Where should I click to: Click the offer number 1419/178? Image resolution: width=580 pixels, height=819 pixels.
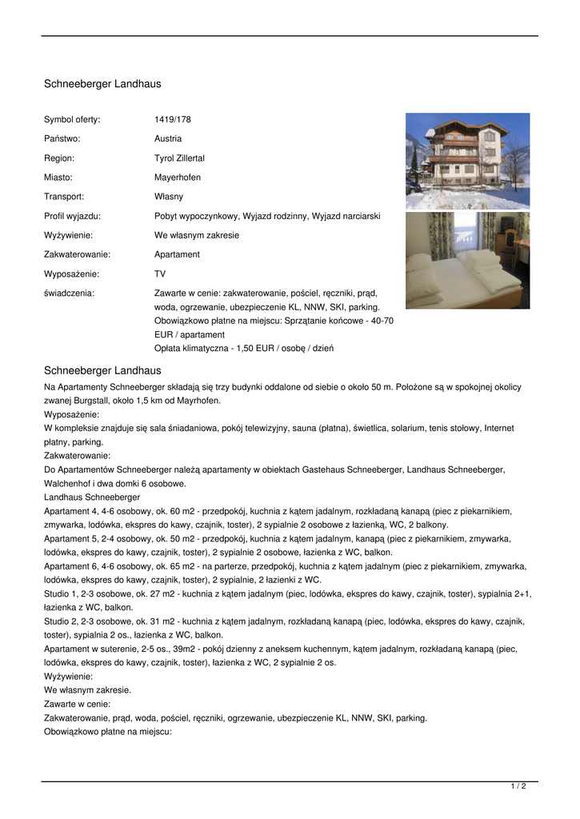(x=173, y=119)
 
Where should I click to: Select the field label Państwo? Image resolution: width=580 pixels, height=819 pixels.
(x=62, y=138)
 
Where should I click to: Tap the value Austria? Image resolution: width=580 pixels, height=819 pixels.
(x=168, y=138)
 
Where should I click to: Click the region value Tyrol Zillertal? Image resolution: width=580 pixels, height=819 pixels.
(x=179, y=158)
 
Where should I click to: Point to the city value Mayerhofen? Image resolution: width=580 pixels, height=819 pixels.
(x=178, y=178)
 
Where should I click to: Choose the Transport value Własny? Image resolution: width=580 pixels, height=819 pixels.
(x=169, y=197)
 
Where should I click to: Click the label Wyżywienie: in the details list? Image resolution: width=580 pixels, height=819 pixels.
(x=68, y=235)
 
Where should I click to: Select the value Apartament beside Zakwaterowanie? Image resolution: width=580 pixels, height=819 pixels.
(x=177, y=254)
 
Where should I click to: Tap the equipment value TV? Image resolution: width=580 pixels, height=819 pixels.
(x=160, y=274)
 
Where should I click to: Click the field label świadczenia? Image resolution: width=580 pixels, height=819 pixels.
(x=69, y=294)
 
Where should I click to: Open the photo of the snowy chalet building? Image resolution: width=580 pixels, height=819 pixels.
(x=467, y=161)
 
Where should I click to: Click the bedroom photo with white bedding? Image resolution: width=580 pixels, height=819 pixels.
(x=467, y=260)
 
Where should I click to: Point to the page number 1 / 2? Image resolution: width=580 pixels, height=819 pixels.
(x=518, y=786)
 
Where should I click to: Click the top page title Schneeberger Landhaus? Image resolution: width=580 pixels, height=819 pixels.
(x=102, y=84)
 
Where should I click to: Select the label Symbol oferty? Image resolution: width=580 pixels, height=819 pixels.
(x=72, y=119)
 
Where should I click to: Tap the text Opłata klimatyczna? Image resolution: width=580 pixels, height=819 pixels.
(x=192, y=348)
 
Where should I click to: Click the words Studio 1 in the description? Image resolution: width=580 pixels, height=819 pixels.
(x=62, y=593)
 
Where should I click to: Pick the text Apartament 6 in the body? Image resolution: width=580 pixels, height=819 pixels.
(x=72, y=566)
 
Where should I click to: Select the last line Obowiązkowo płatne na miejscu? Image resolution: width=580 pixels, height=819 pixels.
(x=108, y=732)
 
